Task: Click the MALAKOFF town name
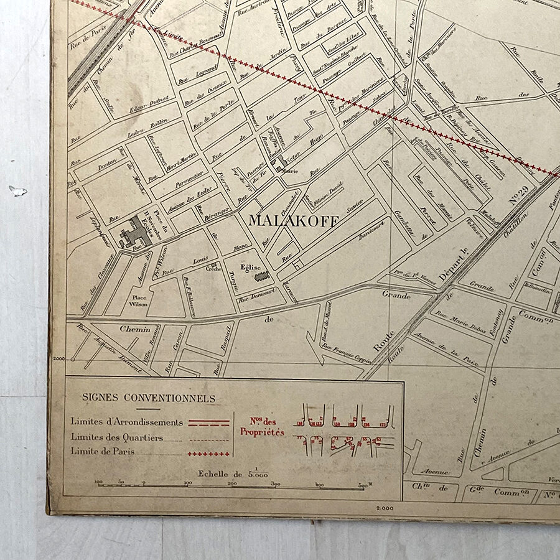point(294,221)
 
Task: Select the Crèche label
point(213,269)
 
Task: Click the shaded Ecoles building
point(136,232)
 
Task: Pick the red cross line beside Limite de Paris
point(209,453)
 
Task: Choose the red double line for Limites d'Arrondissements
point(209,422)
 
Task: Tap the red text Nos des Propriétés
point(262,427)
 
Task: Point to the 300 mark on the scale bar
point(276,484)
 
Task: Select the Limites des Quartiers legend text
point(117,437)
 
